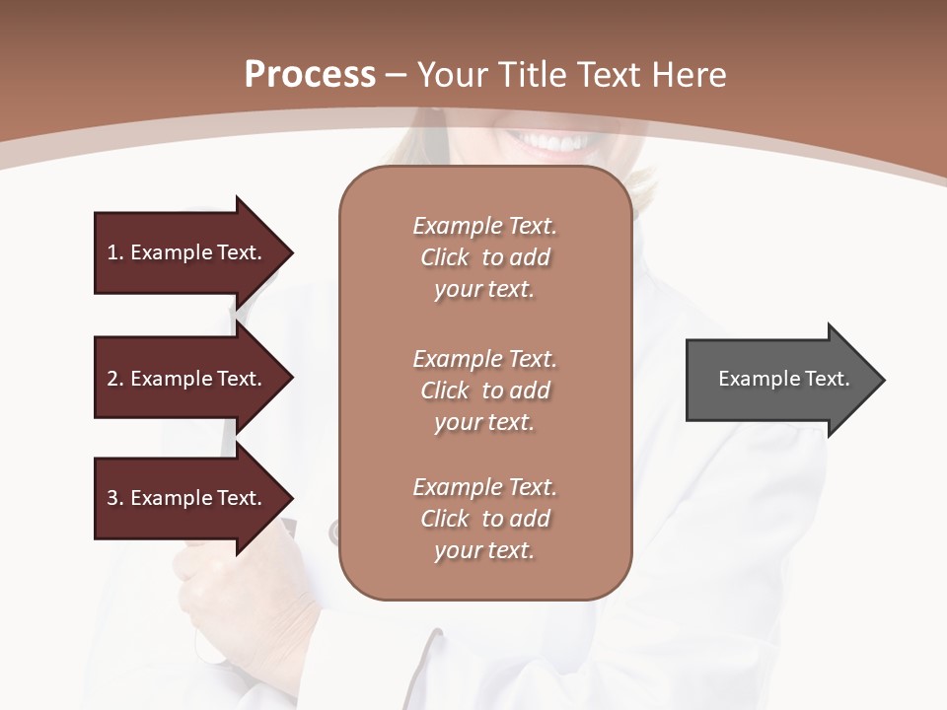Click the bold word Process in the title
click(x=310, y=74)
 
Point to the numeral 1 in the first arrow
click(x=112, y=252)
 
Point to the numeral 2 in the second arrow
click(x=112, y=379)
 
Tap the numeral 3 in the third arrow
click(x=112, y=498)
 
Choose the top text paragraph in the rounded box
click(x=484, y=257)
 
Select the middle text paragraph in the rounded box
click(x=484, y=390)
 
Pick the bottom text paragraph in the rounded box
click(x=484, y=519)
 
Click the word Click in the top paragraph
click(x=444, y=257)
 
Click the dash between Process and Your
click(x=397, y=74)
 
